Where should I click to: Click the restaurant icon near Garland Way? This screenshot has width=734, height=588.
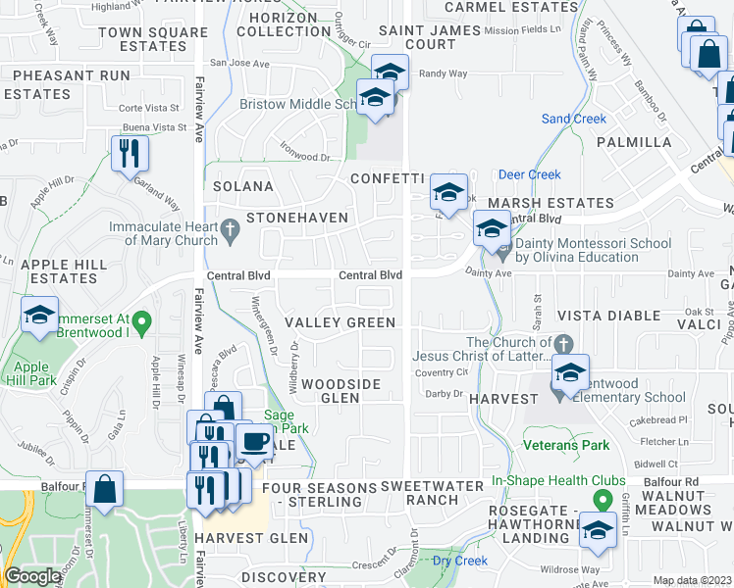coord(130,153)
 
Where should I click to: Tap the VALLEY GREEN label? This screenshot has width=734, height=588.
coord(340,322)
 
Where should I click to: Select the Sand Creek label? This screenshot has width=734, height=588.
coord(574,119)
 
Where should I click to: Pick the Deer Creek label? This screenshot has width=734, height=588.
coord(529,174)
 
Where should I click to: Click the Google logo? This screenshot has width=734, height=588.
coord(31,576)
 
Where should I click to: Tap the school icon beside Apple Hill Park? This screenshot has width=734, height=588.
coord(39,316)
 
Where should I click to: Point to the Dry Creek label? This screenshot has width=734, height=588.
coord(459,561)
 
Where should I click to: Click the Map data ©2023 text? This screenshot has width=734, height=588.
coord(692,580)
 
